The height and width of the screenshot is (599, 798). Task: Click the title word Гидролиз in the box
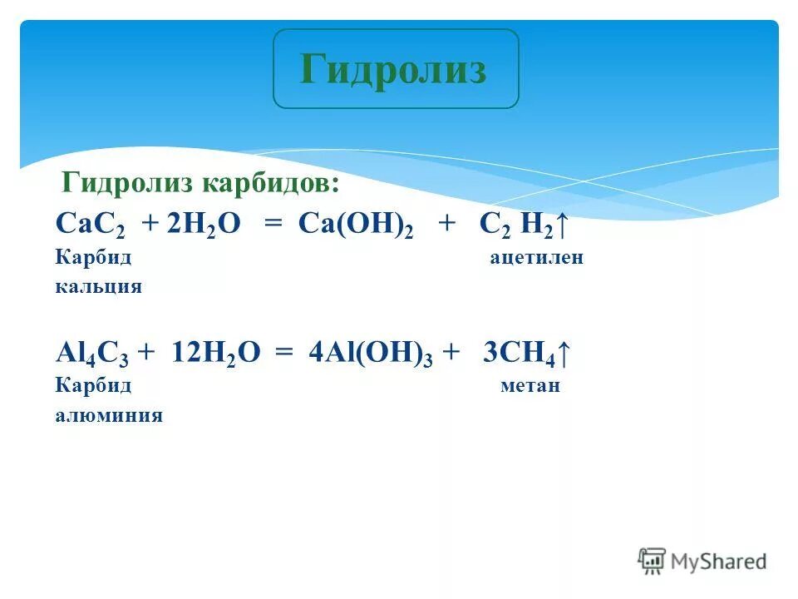pos(393,69)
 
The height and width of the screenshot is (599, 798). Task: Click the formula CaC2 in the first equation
pos(88,225)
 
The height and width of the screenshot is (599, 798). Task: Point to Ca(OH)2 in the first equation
pos(356,225)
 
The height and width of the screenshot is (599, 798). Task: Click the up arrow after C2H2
pos(562,224)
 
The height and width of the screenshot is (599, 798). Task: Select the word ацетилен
pos(536,258)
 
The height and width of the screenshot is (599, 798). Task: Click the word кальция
pos(98,287)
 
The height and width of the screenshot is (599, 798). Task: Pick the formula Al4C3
pos(91,354)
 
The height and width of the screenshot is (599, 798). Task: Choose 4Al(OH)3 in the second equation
pos(371,354)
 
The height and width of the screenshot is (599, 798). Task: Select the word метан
pos(530,387)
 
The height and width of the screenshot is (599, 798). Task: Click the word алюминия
pos(108,415)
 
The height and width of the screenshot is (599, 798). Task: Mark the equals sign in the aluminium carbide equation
pos(284,354)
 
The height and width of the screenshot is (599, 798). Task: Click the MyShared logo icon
pos(652,560)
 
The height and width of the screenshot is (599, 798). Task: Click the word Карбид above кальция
pos(93,258)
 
